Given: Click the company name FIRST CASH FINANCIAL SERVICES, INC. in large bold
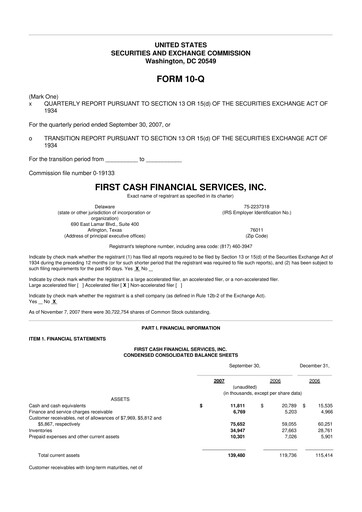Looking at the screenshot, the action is tap(180, 186).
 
